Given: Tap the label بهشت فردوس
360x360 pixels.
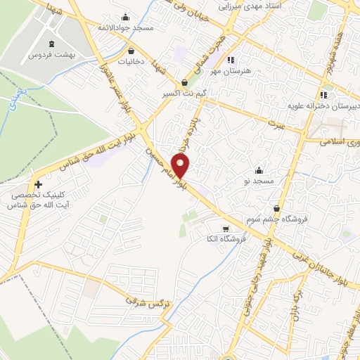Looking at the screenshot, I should [51, 53].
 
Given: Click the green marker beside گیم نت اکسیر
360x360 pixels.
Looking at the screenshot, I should [186, 82].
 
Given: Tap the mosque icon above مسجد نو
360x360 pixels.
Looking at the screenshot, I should [259, 170].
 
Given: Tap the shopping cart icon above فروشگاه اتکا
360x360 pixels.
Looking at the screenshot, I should [225, 229].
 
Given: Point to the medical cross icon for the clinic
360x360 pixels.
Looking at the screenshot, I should [38, 184].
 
